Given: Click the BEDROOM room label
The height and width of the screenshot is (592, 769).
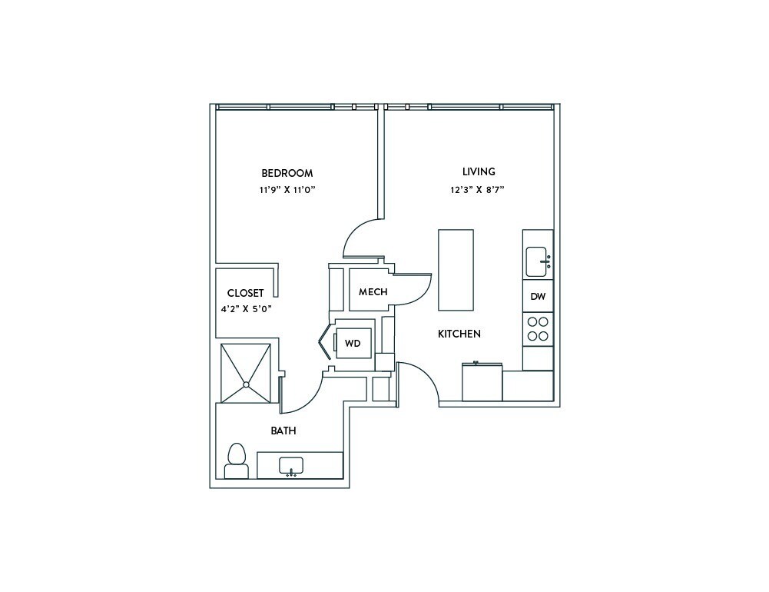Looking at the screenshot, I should pyautogui.click(x=287, y=173).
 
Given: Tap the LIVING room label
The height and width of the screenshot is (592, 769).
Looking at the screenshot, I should pyautogui.click(x=479, y=171).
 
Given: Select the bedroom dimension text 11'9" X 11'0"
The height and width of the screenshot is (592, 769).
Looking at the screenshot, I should pyautogui.click(x=287, y=189).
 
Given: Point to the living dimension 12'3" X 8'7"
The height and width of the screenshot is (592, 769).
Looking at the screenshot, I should pyautogui.click(x=477, y=189).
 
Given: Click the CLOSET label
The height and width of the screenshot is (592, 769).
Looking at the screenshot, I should pyautogui.click(x=245, y=293).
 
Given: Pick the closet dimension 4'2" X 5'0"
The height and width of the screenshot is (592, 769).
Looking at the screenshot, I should pyautogui.click(x=246, y=309).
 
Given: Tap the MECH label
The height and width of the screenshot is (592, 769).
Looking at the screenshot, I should pyautogui.click(x=373, y=292).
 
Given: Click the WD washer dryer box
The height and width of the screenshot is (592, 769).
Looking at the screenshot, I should pyautogui.click(x=353, y=343).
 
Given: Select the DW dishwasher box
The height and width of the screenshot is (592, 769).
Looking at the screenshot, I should pyautogui.click(x=537, y=296).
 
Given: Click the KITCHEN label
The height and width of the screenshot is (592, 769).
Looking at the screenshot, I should pyautogui.click(x=459, y=334).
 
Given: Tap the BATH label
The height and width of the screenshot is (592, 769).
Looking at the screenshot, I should pyautogui.click(x=283, y=431).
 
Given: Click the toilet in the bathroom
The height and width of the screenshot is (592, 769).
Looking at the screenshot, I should pyautogui.click(x=236, y=461).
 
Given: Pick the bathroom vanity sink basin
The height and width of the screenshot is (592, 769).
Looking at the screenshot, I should pyautogui.click(x=291, y=466).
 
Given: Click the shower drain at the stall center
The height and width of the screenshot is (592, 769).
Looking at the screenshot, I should pyautogui.click(x=246, y=384).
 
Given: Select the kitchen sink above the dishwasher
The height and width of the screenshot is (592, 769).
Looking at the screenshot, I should pyautogui.click(x=536, y=261).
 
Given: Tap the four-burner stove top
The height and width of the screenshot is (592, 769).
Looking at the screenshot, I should pyautogui.click(x=538, y=328).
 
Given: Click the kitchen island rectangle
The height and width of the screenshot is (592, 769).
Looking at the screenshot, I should pyautogui.click(x=456, y=270).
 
